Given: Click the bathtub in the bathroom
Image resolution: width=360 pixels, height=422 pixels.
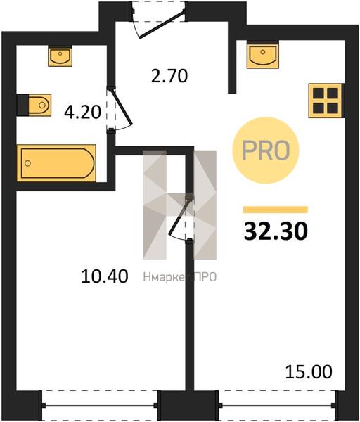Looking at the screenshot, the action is click(x=56, y=163).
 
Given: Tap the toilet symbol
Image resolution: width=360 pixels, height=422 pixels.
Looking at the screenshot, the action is click(x=34, y=105).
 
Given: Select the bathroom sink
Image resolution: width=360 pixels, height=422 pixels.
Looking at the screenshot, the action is click(x=60, y=56).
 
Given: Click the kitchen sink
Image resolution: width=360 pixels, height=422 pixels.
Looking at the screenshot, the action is click(x=262, y=54).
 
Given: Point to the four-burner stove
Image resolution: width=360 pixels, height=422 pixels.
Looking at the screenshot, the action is click(x=326, y=101).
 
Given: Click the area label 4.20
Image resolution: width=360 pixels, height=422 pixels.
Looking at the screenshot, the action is click(x=82, y=112).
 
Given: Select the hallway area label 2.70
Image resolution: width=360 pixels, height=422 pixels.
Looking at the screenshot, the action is click(x=169, y=76).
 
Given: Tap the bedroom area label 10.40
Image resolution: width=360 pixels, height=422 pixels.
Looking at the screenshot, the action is click(x=104, y=276).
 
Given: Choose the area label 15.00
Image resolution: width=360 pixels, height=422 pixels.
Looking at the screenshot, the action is click(x=309, y=371).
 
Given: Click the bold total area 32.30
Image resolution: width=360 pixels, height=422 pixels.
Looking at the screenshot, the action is click(x=276, y=231).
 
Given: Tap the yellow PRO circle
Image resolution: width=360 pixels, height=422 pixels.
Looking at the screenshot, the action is click(x=266, y=151).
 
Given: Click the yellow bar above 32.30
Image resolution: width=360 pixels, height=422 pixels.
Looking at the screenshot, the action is click(x=276, y=210).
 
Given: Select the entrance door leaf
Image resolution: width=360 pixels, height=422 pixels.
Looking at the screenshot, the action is click(x=162, y=24).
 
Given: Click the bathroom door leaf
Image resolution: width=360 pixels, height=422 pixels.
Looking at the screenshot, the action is click(x=122, y=107).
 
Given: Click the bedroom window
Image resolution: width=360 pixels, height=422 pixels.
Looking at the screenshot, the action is click(x=98, y=405).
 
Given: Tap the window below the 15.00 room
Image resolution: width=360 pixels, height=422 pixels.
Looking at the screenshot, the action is click(x=276, y=405).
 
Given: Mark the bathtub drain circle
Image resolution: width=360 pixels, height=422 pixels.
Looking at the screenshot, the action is click(x=27, y=163).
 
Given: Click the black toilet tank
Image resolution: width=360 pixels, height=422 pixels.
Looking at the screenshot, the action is click(x=22, y=105).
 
